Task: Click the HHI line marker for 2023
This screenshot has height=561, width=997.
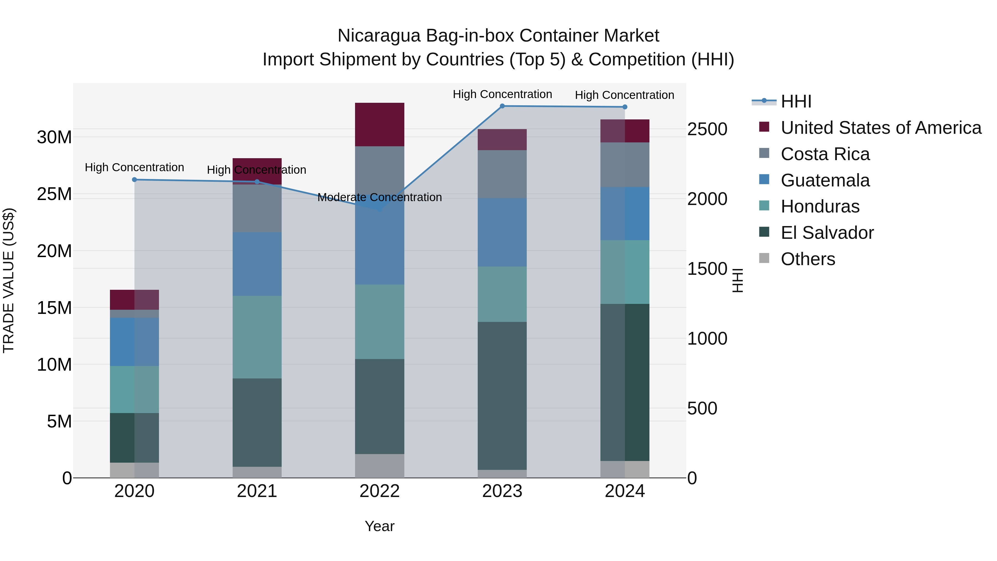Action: coord(502,106)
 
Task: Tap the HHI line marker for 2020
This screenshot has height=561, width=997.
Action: coord(134,180)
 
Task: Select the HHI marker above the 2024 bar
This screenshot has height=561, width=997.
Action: coord(625,107)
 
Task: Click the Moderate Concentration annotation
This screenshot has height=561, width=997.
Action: coord(379,198)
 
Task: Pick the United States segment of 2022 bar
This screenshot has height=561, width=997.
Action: coord(379,125)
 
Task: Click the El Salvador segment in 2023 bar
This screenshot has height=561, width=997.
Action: coord(502,396)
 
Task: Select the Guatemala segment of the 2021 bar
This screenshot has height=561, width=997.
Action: coord(257,264)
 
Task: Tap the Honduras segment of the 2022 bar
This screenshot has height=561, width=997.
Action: coord(379,322)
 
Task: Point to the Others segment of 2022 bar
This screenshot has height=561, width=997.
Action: coord(379,466)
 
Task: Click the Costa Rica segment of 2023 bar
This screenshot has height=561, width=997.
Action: coord(502,174)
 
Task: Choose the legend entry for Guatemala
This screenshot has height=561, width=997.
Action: coord(825,180)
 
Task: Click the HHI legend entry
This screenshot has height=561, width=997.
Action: coord(796,101)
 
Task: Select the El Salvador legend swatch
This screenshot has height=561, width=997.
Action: coord(764,232)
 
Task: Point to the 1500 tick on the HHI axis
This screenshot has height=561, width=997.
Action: coord(707,269)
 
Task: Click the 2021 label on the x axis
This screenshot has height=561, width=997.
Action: coord(257,491)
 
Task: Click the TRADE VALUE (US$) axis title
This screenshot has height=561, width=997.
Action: coord(9,280)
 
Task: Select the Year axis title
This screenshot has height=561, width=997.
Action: coord(379,526)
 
